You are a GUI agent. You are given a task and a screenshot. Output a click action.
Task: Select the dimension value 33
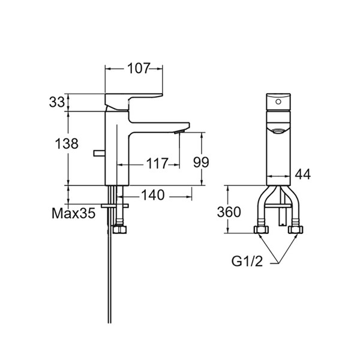(x=57, y=103)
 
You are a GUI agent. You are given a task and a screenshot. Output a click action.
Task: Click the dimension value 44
(x=303, y=175)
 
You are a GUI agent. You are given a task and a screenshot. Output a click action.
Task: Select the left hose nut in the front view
(x=261, y=230)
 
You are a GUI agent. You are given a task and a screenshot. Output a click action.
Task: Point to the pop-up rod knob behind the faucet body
(x=97, y=155)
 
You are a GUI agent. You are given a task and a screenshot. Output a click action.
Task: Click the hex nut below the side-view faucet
(x=119, y=230)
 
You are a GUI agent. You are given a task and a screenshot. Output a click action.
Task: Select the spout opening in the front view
(x=278, y=130)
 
